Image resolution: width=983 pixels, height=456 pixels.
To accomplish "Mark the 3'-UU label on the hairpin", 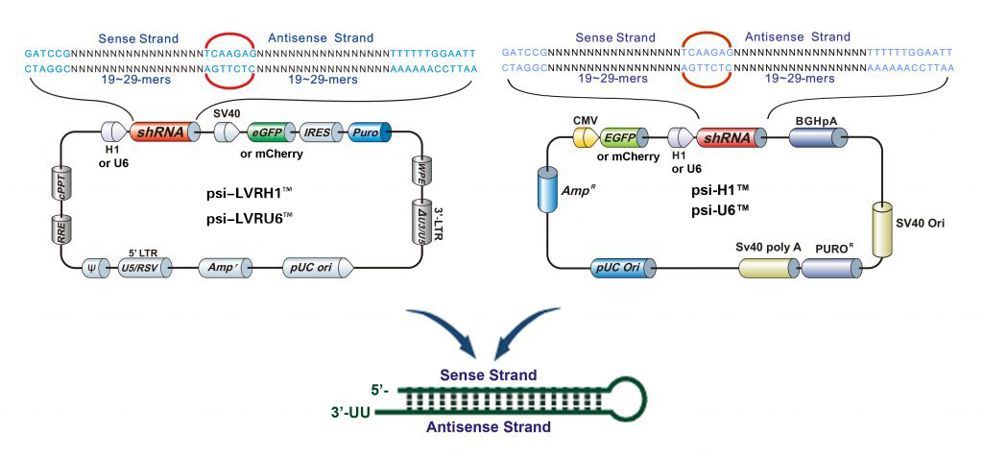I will [x=348, y=414].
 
